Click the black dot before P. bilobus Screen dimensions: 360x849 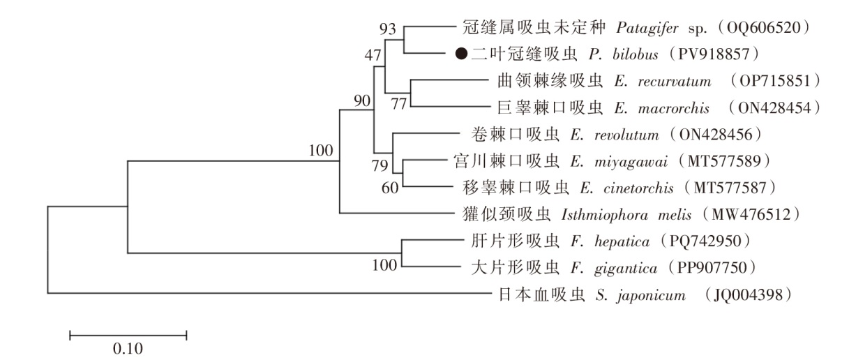click(460, 53)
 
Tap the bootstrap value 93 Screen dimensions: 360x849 click(388, 29)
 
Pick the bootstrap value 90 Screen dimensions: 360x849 click(360, 100)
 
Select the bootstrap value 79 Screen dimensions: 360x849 click(382, 165)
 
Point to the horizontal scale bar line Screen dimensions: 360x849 click(128, 336)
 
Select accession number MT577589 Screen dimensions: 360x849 click(728, 161)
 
